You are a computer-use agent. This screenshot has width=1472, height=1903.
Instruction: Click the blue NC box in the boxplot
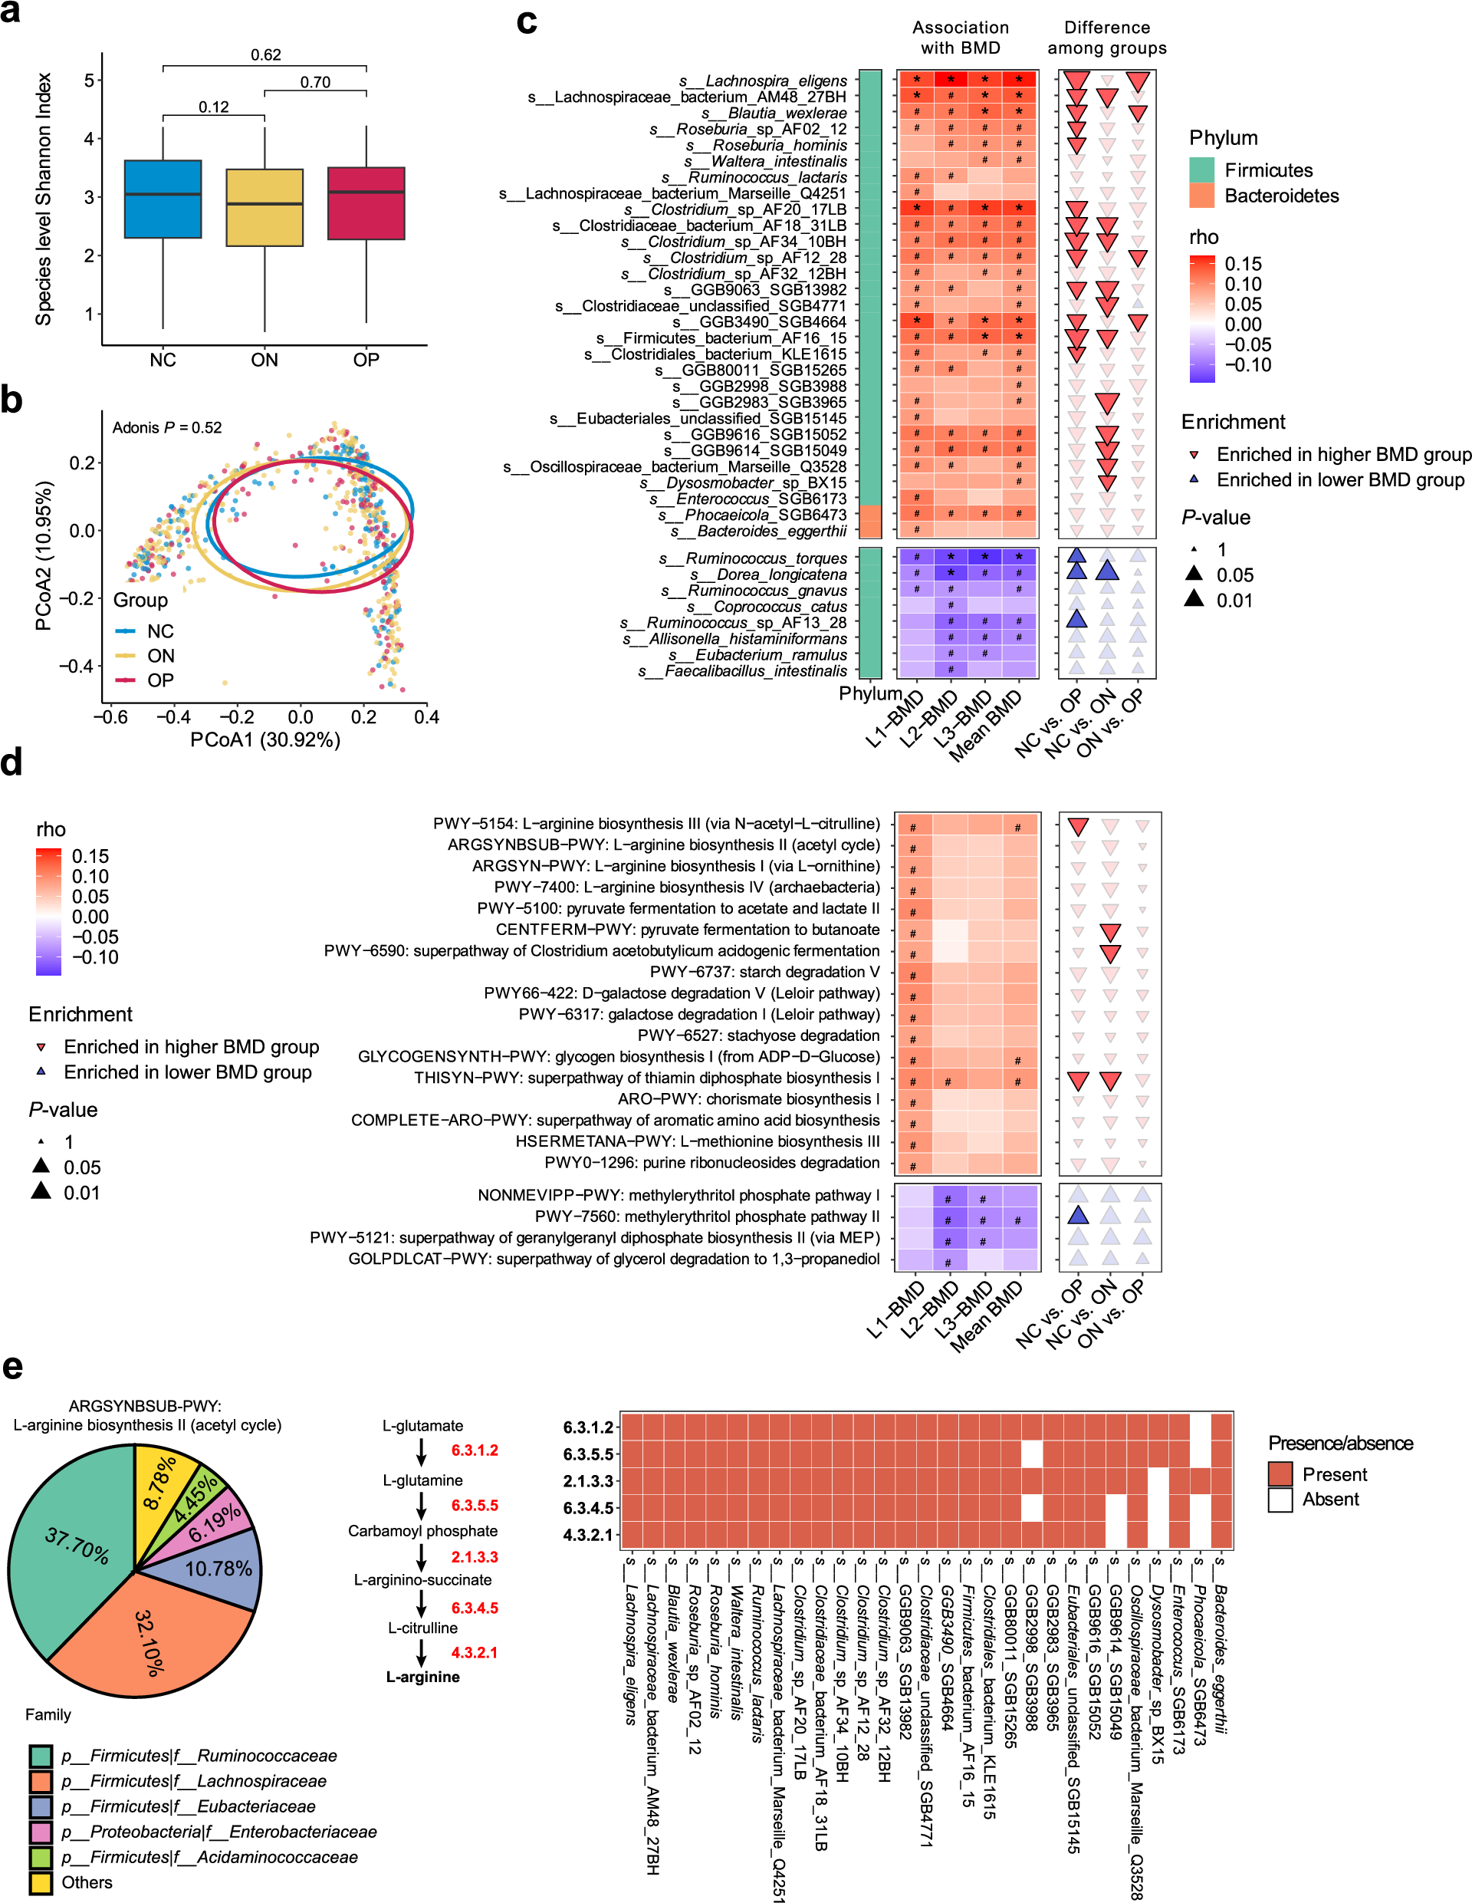[163, 199]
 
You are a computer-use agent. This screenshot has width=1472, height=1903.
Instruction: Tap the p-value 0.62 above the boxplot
[266, 55]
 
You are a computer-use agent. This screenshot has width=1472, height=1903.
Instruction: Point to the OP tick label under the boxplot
[366, 360]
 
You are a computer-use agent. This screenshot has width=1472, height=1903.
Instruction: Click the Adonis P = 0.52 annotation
[167, 428]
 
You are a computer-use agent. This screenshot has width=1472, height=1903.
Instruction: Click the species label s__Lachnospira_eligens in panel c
[763, 81]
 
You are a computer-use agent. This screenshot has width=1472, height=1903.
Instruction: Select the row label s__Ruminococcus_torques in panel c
[753, 558]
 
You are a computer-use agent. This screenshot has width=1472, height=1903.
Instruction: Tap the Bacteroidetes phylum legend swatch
[1202, 196]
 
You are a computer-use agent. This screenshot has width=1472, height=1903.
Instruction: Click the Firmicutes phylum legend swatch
[1202, 170]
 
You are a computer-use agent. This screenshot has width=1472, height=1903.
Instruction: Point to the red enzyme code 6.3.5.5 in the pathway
[475, 1505]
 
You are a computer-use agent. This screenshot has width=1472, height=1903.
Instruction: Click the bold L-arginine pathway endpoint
[423, 1677]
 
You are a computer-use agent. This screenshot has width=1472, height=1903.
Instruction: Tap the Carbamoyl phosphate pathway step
[423, 1531]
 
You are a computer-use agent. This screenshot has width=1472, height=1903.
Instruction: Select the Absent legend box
[1280, 1500]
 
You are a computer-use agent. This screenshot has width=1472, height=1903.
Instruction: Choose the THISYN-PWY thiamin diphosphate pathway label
[646, 1078]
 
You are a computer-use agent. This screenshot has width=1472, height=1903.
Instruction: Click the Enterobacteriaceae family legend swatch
[41, 1832]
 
